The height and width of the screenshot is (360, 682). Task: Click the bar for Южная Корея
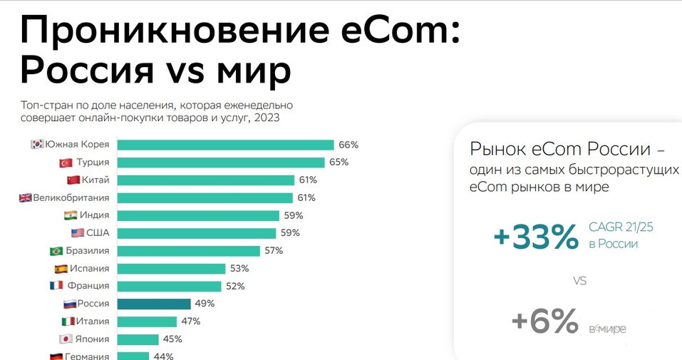(x=225, y=145)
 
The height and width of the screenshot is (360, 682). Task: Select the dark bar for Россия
(x=153, y=304)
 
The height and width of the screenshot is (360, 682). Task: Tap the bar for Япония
(x=138, y=339)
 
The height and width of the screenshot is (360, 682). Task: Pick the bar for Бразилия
(x=188, y=251)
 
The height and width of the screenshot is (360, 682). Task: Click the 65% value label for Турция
(x=339, y=163)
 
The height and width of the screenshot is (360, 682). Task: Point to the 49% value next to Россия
(x=205, y=304)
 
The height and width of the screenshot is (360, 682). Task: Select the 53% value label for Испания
(x=239, y=269)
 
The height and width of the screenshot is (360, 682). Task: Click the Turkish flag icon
(x=68, y=163)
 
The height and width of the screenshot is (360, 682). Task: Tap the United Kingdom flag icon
(x=26, y=197)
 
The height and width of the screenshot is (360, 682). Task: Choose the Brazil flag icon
(x=56, y=251)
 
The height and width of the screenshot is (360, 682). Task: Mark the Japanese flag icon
(x=65, y=339)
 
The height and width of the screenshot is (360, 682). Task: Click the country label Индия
(x=95, y=215)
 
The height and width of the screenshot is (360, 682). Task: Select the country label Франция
(x=89, y=286)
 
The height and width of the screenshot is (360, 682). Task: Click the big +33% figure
(x=535, y=237)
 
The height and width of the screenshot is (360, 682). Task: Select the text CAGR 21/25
(x=621, y=227)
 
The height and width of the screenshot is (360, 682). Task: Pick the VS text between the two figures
(x=579, y=282)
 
